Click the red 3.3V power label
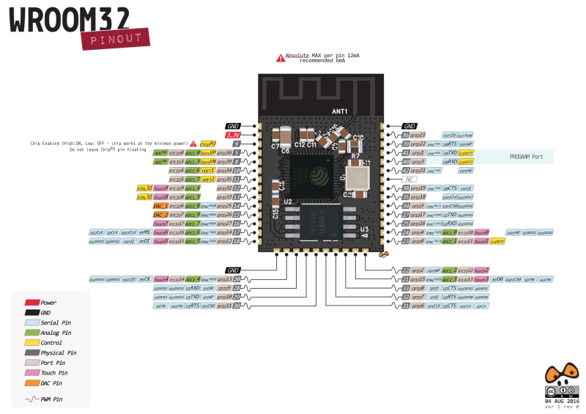(x=232, y=135)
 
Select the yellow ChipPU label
(x=207, y=144)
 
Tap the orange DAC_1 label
(x=160, y=206)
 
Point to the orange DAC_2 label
(x=160, y=215)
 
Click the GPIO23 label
(x=418, y=135)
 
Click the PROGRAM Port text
(x=527, y=157)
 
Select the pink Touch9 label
(x=161, y=188)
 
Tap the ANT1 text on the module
(x=340, y=111)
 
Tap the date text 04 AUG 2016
(x=562, y=401)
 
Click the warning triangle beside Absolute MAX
(x=280, y=57)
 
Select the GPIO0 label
(x=418, y=241)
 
